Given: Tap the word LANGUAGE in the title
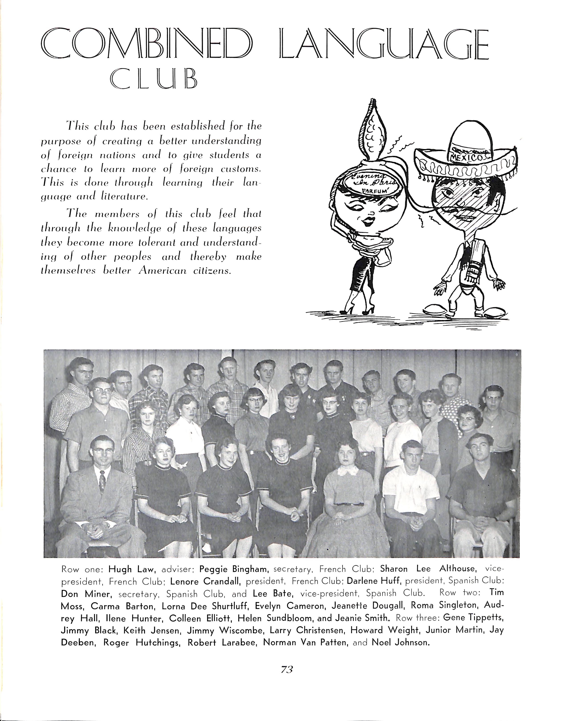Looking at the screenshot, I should pos(384,44).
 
